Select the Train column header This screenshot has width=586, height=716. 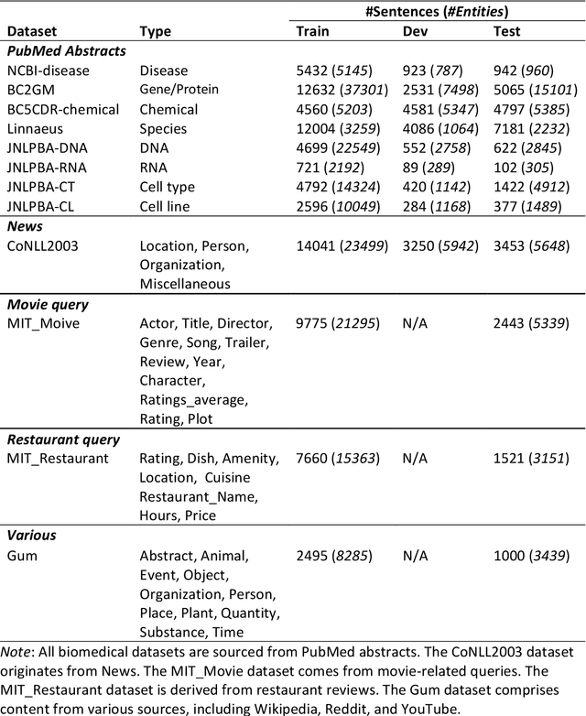click(x=313, y=31)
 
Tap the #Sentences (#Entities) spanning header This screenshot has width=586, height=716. click(x=438, y=11)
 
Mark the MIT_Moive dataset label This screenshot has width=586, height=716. click(x=42, y=323)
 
